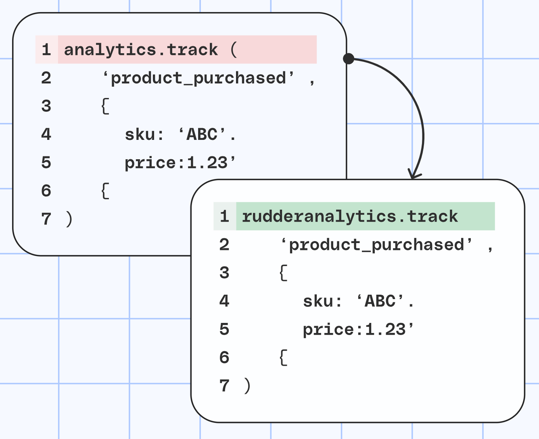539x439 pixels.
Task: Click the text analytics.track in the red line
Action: [x=141, y=50]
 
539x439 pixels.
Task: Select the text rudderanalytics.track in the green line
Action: [x=350, y=216]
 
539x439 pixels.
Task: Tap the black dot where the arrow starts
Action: [x=349, y=59]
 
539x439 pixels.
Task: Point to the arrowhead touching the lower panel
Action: [x=414, y=174]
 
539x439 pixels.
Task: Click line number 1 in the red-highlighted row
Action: [x=46, y=50]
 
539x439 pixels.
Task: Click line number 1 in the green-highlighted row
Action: [x=224, y=216]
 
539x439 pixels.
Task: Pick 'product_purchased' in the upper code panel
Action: [x=198, y=78]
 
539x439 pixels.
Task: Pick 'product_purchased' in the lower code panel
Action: [x=377, y=245]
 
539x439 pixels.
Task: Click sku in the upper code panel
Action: [x=140, y=134]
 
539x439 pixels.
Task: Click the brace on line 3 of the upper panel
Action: [x=105, y=106]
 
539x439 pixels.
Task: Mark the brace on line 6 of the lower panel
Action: [x=283, y=358]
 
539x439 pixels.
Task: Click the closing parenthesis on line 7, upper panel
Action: [x=69, y=219]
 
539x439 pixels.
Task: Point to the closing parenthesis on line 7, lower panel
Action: [x=247, y=386]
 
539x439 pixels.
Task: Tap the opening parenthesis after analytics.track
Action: [x=234, y=50]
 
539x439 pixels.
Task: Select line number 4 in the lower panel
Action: [x=224, y=301]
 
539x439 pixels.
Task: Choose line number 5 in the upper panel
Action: [x=46, y=162]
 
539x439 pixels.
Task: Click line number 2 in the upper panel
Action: [x=46, y=78]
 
